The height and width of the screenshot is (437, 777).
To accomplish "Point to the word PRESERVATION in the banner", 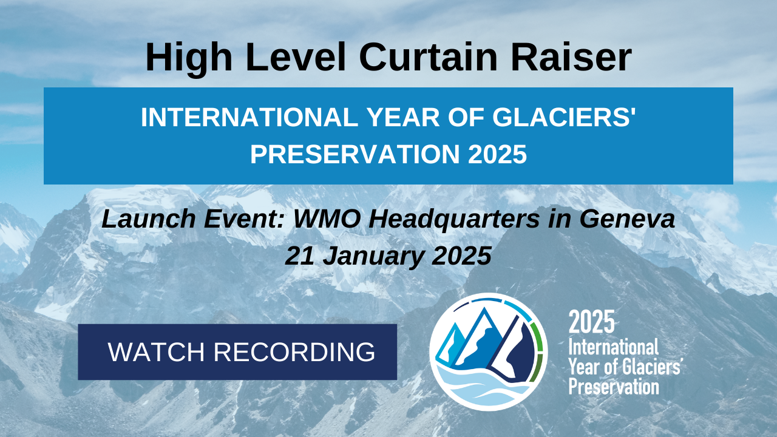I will (356, 154).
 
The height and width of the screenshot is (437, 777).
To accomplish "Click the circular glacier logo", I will (489, 352).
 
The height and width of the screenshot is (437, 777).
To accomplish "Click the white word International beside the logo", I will (613, 348).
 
